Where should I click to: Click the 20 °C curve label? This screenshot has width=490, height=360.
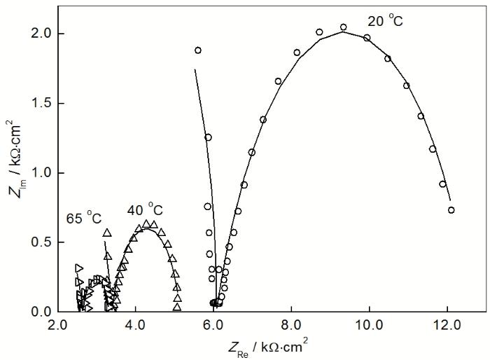(x=386, y=22)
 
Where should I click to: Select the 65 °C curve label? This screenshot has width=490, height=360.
(x=84, y=219)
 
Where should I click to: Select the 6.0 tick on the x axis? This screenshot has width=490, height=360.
(x=213, y=325)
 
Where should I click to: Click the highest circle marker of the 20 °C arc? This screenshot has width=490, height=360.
(x=343, y=27)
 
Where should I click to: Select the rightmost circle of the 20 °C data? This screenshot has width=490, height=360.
(x=451, y=209)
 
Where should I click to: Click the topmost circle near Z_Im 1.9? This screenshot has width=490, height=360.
(x=198, y=50)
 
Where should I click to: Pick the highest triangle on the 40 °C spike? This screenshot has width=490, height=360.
(x=107, y=233)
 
